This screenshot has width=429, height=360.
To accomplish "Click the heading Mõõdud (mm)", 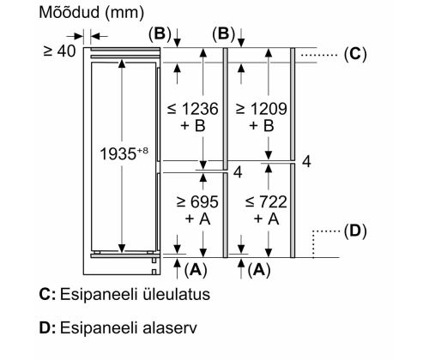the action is [x=91, y=13].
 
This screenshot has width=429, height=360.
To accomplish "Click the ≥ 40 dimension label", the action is [x=59, y=51].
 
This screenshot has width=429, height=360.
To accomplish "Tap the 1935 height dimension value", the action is [x=118, y=154].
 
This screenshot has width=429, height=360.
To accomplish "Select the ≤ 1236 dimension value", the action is [x=193, y=109].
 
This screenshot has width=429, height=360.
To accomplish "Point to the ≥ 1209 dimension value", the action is [x=261, y=109].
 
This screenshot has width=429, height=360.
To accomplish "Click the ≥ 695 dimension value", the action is [x=197, y=202].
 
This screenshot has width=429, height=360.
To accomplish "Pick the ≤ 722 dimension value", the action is [x=266, y=202].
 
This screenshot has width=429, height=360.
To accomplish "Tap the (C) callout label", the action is [x=355, y=54].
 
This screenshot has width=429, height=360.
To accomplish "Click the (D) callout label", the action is [x=355, y=231].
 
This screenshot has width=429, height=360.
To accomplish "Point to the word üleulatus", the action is [x=176, y=294].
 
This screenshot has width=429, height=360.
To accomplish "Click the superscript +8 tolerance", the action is [x=143, y=150].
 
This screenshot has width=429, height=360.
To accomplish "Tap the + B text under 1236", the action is [x=193, y=125].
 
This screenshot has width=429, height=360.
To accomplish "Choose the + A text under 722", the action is [x=266, y=219].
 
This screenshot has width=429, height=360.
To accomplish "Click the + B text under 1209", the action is [x=262, y=125].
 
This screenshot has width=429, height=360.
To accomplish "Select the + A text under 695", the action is [x=197, y=219].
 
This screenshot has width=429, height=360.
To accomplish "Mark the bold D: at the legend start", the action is [x=47, y=327].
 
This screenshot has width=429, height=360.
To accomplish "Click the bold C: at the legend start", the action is [x=47, y=294].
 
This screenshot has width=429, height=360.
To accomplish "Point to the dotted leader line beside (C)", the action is [x=319, y=55].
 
